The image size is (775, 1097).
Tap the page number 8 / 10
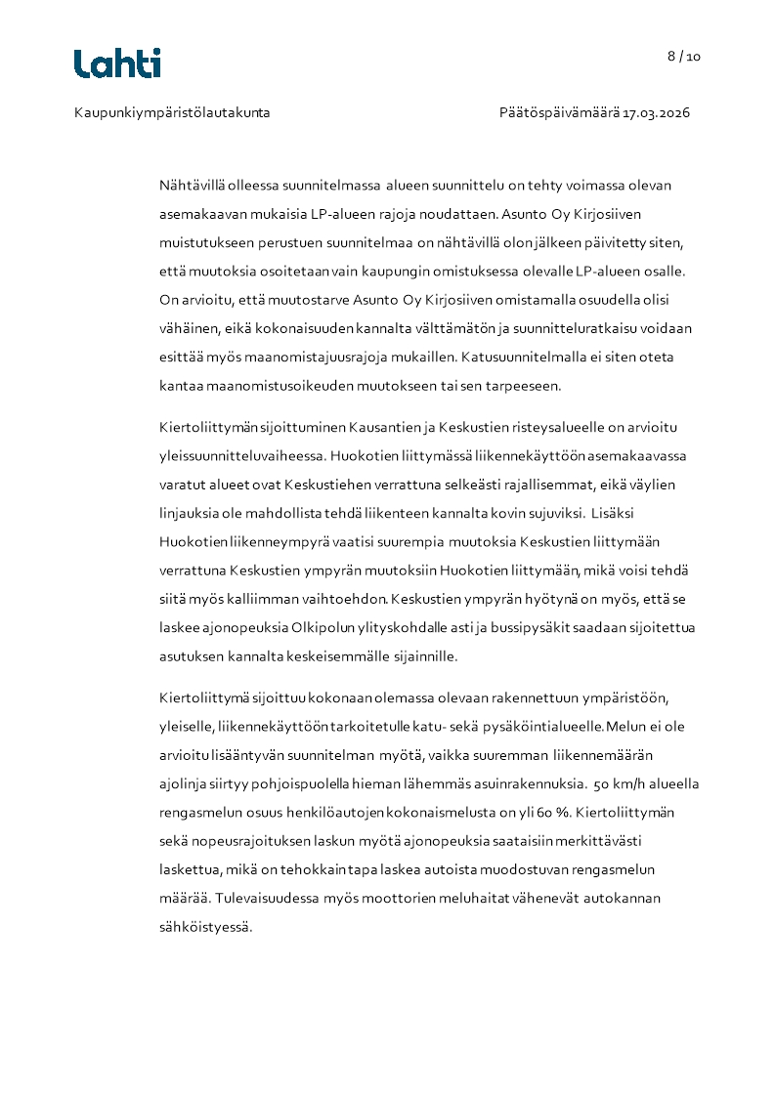tap(684, 56)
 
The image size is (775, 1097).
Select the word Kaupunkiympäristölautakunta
tap(172, 113)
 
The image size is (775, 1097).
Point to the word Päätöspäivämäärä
tap(559, 113)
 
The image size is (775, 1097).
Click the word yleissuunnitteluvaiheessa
tap(242, 455)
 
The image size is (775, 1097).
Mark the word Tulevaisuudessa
tap(270, 899)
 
